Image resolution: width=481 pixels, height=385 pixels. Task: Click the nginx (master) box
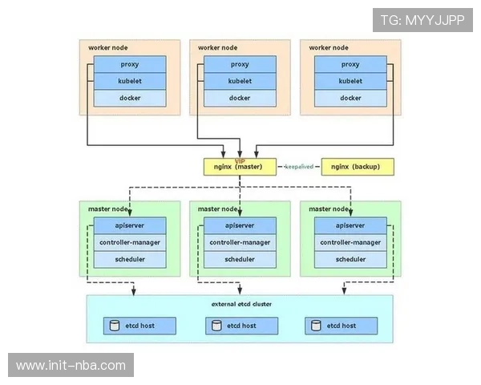[x=239, y=167]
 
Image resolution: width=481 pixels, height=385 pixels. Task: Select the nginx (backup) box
[x=358, y=167]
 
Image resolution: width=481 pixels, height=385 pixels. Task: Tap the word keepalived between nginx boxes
[x=300, y=167]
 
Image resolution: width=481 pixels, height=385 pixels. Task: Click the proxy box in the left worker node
[x=129, y=64]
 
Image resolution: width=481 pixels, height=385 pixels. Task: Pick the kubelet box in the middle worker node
[x=240, y=81]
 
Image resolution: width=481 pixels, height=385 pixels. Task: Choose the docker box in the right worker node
[x=350, y=98]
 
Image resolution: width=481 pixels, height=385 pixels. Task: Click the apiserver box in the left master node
[x=129, y=225]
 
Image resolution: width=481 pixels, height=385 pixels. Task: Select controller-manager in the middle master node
[x=240, y=242]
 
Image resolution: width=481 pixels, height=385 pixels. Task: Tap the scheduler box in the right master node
[x=350, y=259]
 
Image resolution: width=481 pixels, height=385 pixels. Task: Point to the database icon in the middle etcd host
[x=216, y=326]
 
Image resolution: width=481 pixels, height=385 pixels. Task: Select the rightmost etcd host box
[x=341, y=326]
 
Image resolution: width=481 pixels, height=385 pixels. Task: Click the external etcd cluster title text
[x=240, y=304]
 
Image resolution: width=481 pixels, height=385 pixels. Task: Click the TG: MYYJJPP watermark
[x=422, y=20]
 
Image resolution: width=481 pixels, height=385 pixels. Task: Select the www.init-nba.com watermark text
[x=71, y=366]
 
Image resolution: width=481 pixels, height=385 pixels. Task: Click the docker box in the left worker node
[x=129, y=98]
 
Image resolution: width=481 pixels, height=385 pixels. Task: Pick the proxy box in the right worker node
[x=350, y=64]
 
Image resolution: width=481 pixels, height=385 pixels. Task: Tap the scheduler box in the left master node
[x=129, y=259]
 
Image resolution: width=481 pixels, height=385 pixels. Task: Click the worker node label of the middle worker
[x=217, y=47]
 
